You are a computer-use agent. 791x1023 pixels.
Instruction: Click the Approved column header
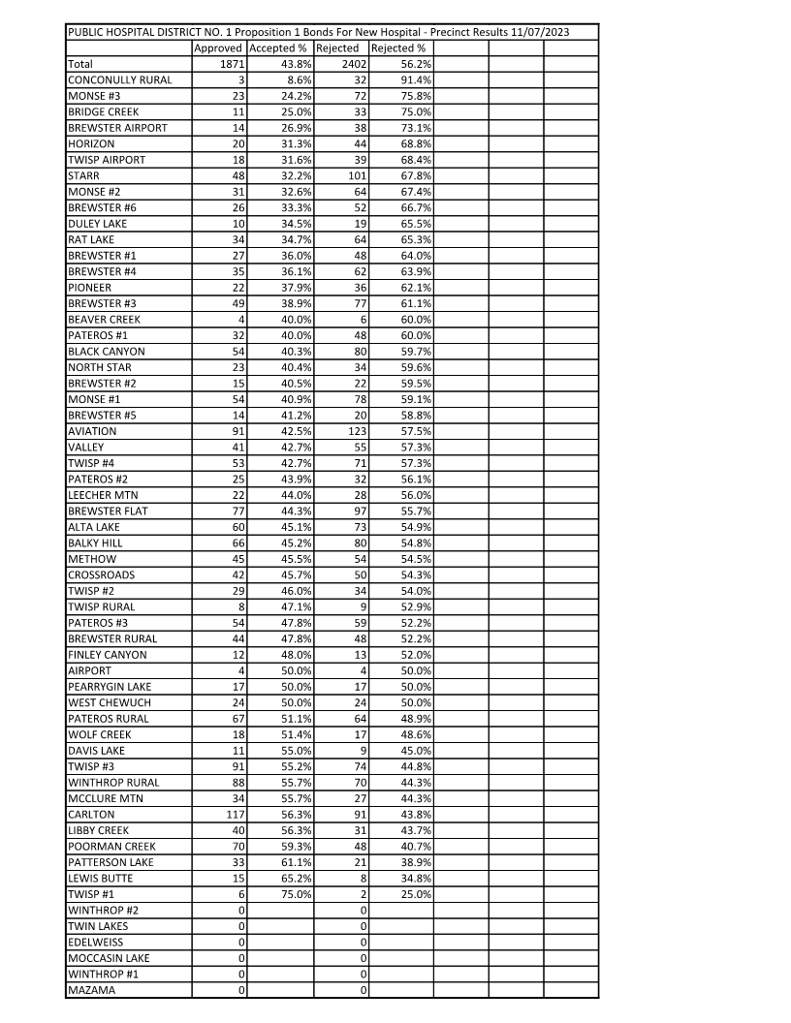click(x=219, y=47)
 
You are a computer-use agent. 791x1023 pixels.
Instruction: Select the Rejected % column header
click(x=398, y=47)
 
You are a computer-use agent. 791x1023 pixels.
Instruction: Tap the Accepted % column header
click(x=278, y=47)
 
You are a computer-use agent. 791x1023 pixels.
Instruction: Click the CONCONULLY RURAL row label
click(x=119, y=79)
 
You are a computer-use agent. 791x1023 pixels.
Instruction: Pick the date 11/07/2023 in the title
click(x=538, y=32)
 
